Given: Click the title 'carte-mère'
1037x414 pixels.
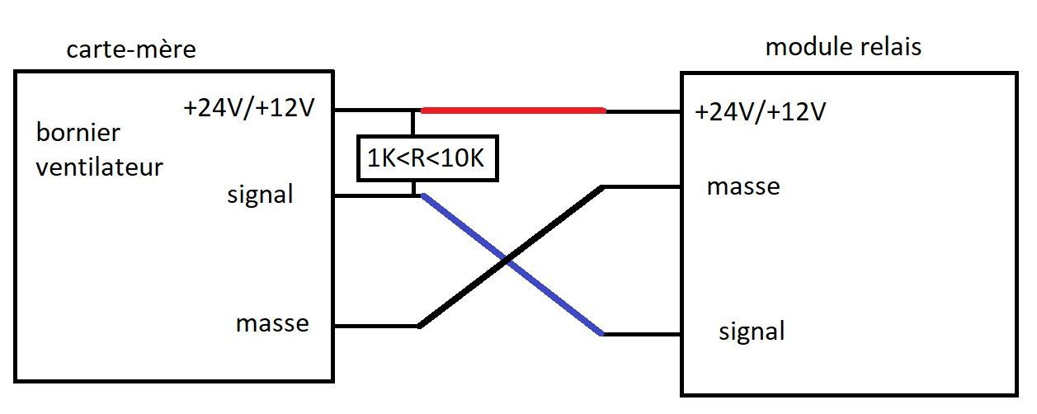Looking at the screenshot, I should (x=131, y=49).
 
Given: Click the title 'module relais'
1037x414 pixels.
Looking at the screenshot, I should (x=843, y=46).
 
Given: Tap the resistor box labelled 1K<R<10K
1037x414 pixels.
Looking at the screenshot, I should (x=427, y=158).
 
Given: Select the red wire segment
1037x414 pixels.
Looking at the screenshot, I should (x=513, y=110).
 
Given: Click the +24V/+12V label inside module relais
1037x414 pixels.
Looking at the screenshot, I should (x=760, y=112).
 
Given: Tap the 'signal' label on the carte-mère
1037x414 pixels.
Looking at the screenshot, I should (x=260, y=196).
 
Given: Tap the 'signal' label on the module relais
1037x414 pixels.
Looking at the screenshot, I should (x=752, y=332).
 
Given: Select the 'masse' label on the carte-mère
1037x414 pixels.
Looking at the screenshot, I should (x=272, y=323).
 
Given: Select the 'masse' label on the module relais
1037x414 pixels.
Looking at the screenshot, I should (x=742, y=186).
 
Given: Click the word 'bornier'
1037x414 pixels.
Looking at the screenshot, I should (x=78, y=133).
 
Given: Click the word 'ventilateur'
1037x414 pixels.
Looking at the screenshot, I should (x=100, y=167).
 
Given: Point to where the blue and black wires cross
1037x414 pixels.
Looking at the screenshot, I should (x=508, y=262).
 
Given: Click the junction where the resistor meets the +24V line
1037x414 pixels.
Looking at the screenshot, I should (x=413, y=110).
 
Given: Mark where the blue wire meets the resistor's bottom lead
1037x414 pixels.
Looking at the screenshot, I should (x=415, y=195).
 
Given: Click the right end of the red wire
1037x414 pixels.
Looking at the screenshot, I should (x=604, y=110).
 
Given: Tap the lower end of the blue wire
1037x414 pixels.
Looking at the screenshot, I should (x=602, y=334).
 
